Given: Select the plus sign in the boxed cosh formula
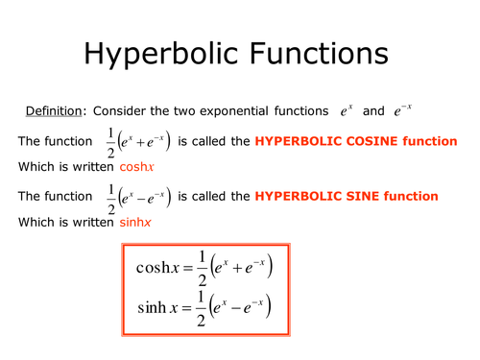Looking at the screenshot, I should pyautogui.click(x=237, y=267).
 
